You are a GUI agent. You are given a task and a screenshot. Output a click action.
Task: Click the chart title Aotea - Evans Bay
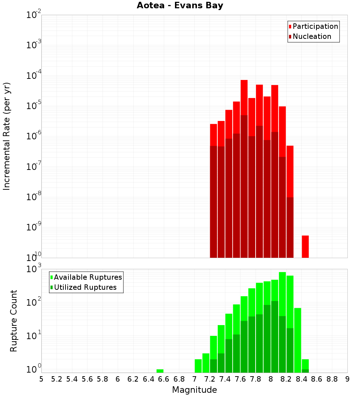[180, 6]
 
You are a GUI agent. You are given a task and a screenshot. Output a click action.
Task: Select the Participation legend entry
[314, 27]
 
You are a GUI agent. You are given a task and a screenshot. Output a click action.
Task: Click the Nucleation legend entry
[310, 37]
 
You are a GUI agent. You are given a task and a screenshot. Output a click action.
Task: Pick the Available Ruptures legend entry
[86, 278]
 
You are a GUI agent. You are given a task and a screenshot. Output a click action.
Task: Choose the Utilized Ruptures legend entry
[83, 288]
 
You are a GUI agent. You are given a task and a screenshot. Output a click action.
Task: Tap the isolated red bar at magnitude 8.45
[305, 247]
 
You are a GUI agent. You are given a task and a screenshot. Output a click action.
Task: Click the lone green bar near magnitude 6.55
[160, 371]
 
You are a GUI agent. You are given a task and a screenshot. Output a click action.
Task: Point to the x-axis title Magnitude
[194, 390]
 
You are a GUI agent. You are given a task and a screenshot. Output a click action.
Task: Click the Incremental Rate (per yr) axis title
[7, 136]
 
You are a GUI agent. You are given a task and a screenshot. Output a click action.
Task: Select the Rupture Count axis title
[14, 321]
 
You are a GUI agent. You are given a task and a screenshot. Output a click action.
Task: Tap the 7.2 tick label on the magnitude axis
[210, 379]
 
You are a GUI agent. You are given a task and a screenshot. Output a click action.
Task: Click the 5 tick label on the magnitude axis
[41, 379]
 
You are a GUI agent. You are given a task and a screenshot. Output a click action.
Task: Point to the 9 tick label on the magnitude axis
[347, 379]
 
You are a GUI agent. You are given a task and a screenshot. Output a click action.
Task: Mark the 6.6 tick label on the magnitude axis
[164, 379]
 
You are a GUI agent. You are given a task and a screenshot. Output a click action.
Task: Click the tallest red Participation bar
[244, 97]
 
